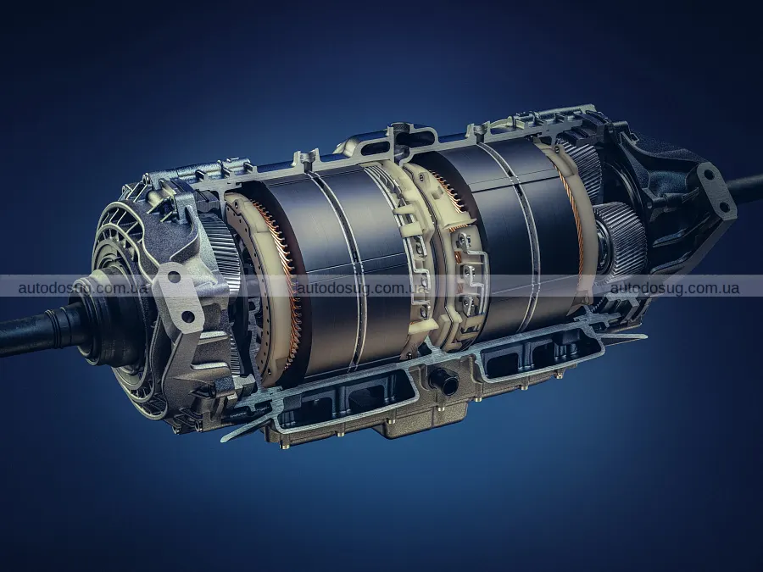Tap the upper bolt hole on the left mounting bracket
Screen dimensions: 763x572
174,278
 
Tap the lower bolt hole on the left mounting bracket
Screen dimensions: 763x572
187,318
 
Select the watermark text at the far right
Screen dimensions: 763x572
675,288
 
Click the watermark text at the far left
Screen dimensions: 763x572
83,288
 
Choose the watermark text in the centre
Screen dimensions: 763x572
363,288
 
